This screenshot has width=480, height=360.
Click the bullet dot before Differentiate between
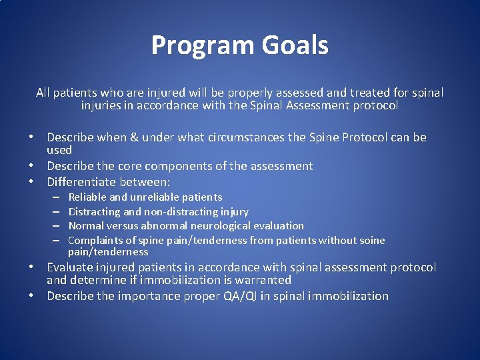[39, 181]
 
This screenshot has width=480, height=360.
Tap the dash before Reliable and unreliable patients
[57, 197]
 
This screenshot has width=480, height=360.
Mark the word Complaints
[94, 241]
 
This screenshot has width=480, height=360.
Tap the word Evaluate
[71, 267]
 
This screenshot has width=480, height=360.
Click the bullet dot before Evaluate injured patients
[39, 267]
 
